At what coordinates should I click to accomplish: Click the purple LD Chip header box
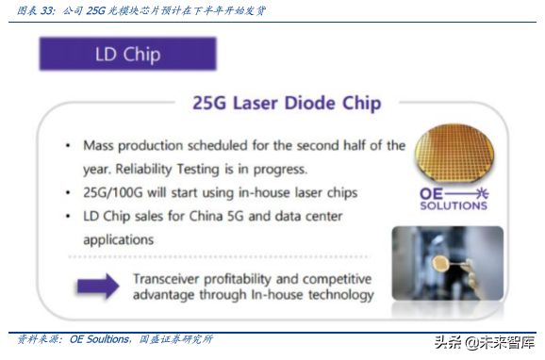click(x=127, y=54)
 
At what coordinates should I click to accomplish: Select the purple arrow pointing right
click(x=97, y=286)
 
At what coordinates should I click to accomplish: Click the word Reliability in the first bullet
click(x=151, y=170)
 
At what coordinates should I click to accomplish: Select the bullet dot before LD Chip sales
click(x=68, y=217)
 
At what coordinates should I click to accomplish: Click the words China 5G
click(x=232, y=217)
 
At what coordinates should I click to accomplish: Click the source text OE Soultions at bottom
click(x=103, y=339)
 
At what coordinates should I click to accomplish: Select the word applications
click(x=118, y=240)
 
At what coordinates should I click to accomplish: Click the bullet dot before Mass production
click(x=68, y=146)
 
